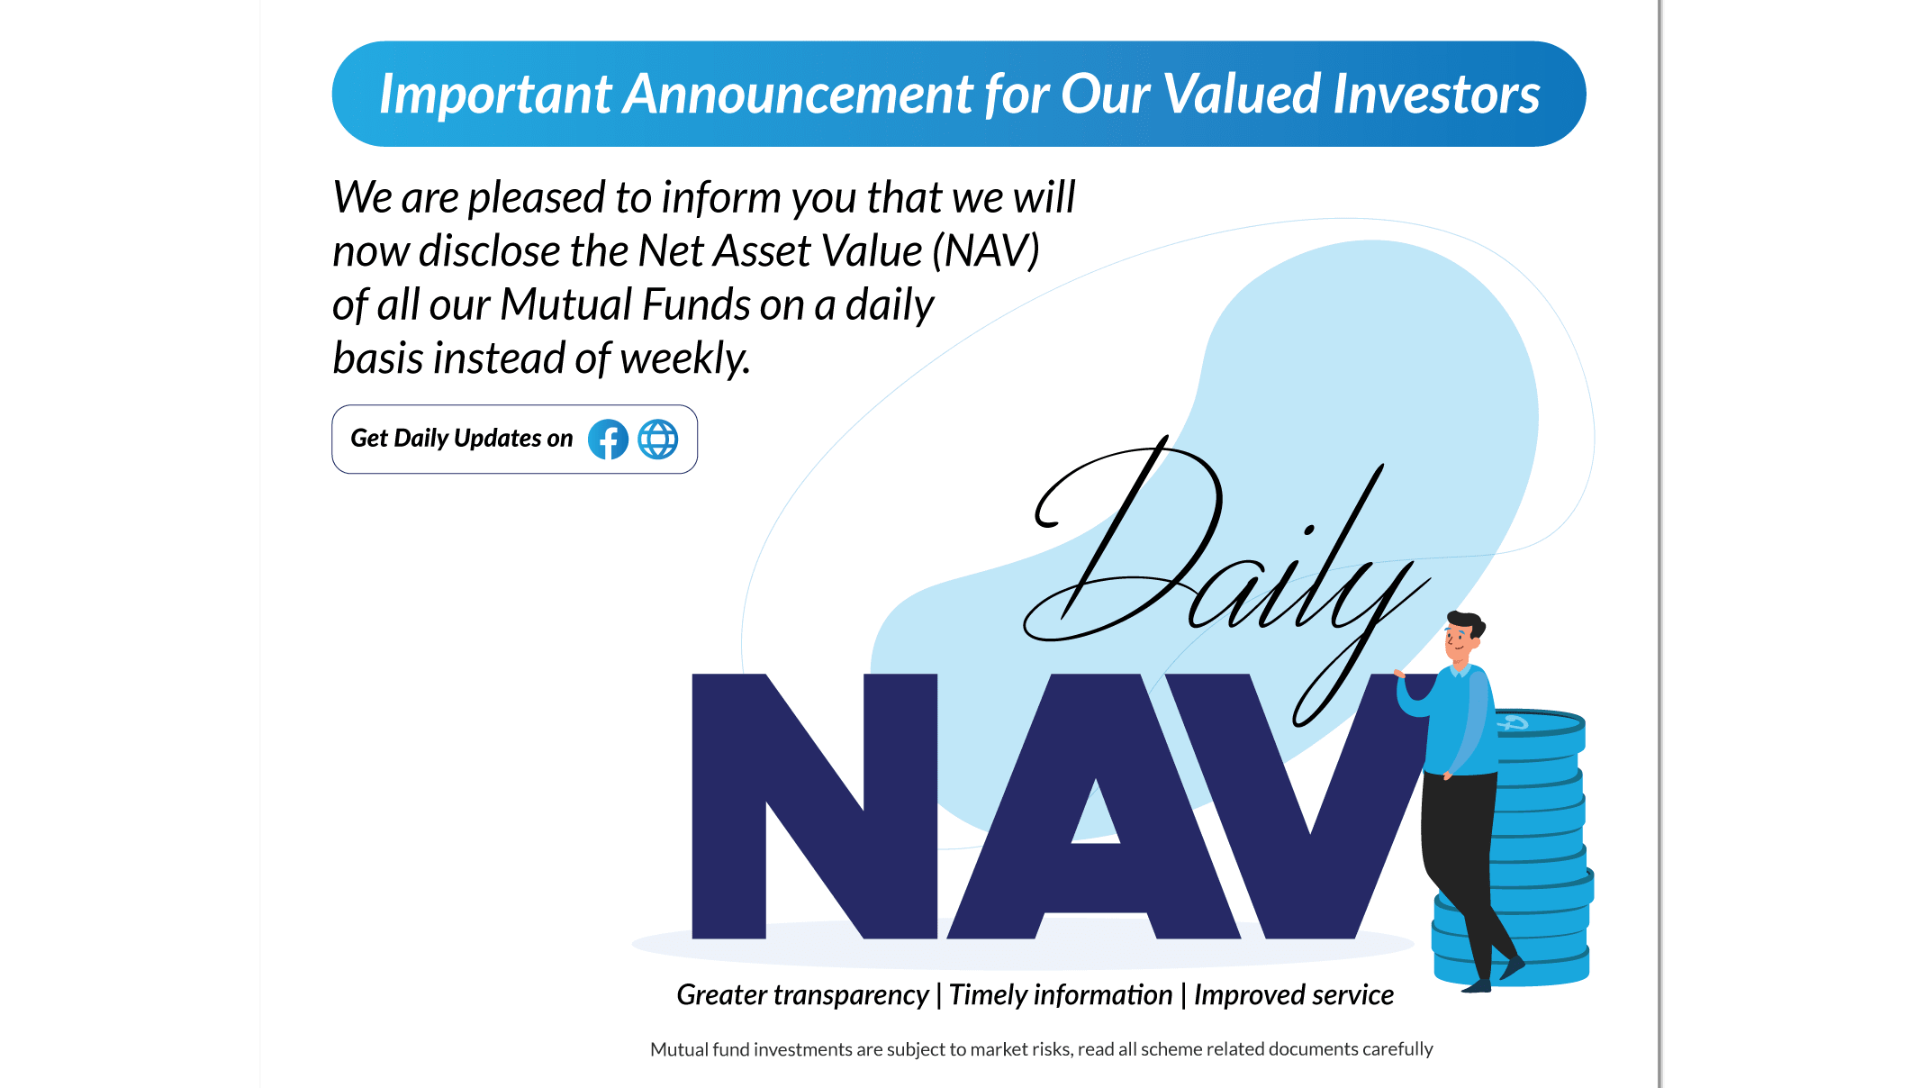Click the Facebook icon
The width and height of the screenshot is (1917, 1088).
[x=608, y=440]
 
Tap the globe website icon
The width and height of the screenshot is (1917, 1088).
[x=658, y=440]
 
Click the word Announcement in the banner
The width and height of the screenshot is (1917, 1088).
[x=798, y=94]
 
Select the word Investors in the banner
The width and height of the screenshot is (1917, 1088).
[x=1436, y=94]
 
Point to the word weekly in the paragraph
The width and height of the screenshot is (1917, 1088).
[x=684, y=358]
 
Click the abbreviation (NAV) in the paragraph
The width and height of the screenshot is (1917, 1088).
[x=985, y=250]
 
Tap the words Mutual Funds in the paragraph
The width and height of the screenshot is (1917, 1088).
[x=625, y=304]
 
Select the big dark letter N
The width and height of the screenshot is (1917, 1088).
[x=814, y=806]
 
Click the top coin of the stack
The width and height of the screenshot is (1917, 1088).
[x=1540, y=723]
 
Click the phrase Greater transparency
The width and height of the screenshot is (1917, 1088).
[x=802, y=995]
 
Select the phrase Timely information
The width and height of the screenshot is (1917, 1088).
[x=1061, y=995]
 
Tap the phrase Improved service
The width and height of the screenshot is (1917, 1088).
[x=1294, y=995]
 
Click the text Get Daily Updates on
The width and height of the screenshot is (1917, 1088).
[x=462, y=439]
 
